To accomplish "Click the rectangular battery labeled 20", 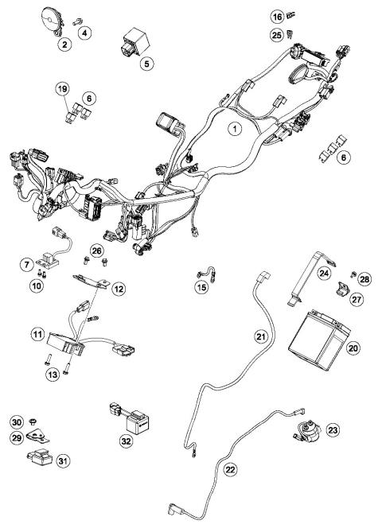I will [315, 333].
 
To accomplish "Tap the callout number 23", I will [332, 430].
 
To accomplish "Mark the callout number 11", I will [36, 335].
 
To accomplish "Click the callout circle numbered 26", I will [96, 252].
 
